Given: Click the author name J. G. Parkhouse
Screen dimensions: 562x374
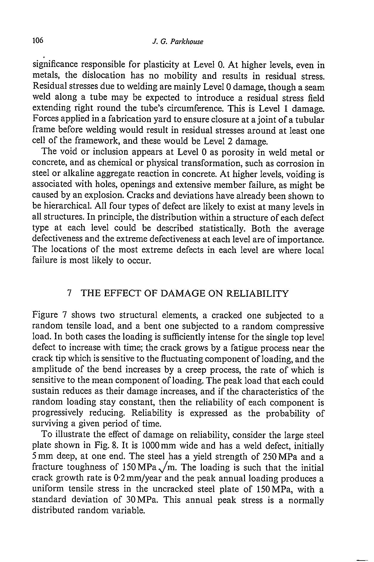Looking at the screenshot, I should (x=177, y=42).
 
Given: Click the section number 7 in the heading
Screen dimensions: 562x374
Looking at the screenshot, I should (x=69, y=294).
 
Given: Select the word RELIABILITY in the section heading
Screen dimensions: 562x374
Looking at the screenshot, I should (x=257, y=294).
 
